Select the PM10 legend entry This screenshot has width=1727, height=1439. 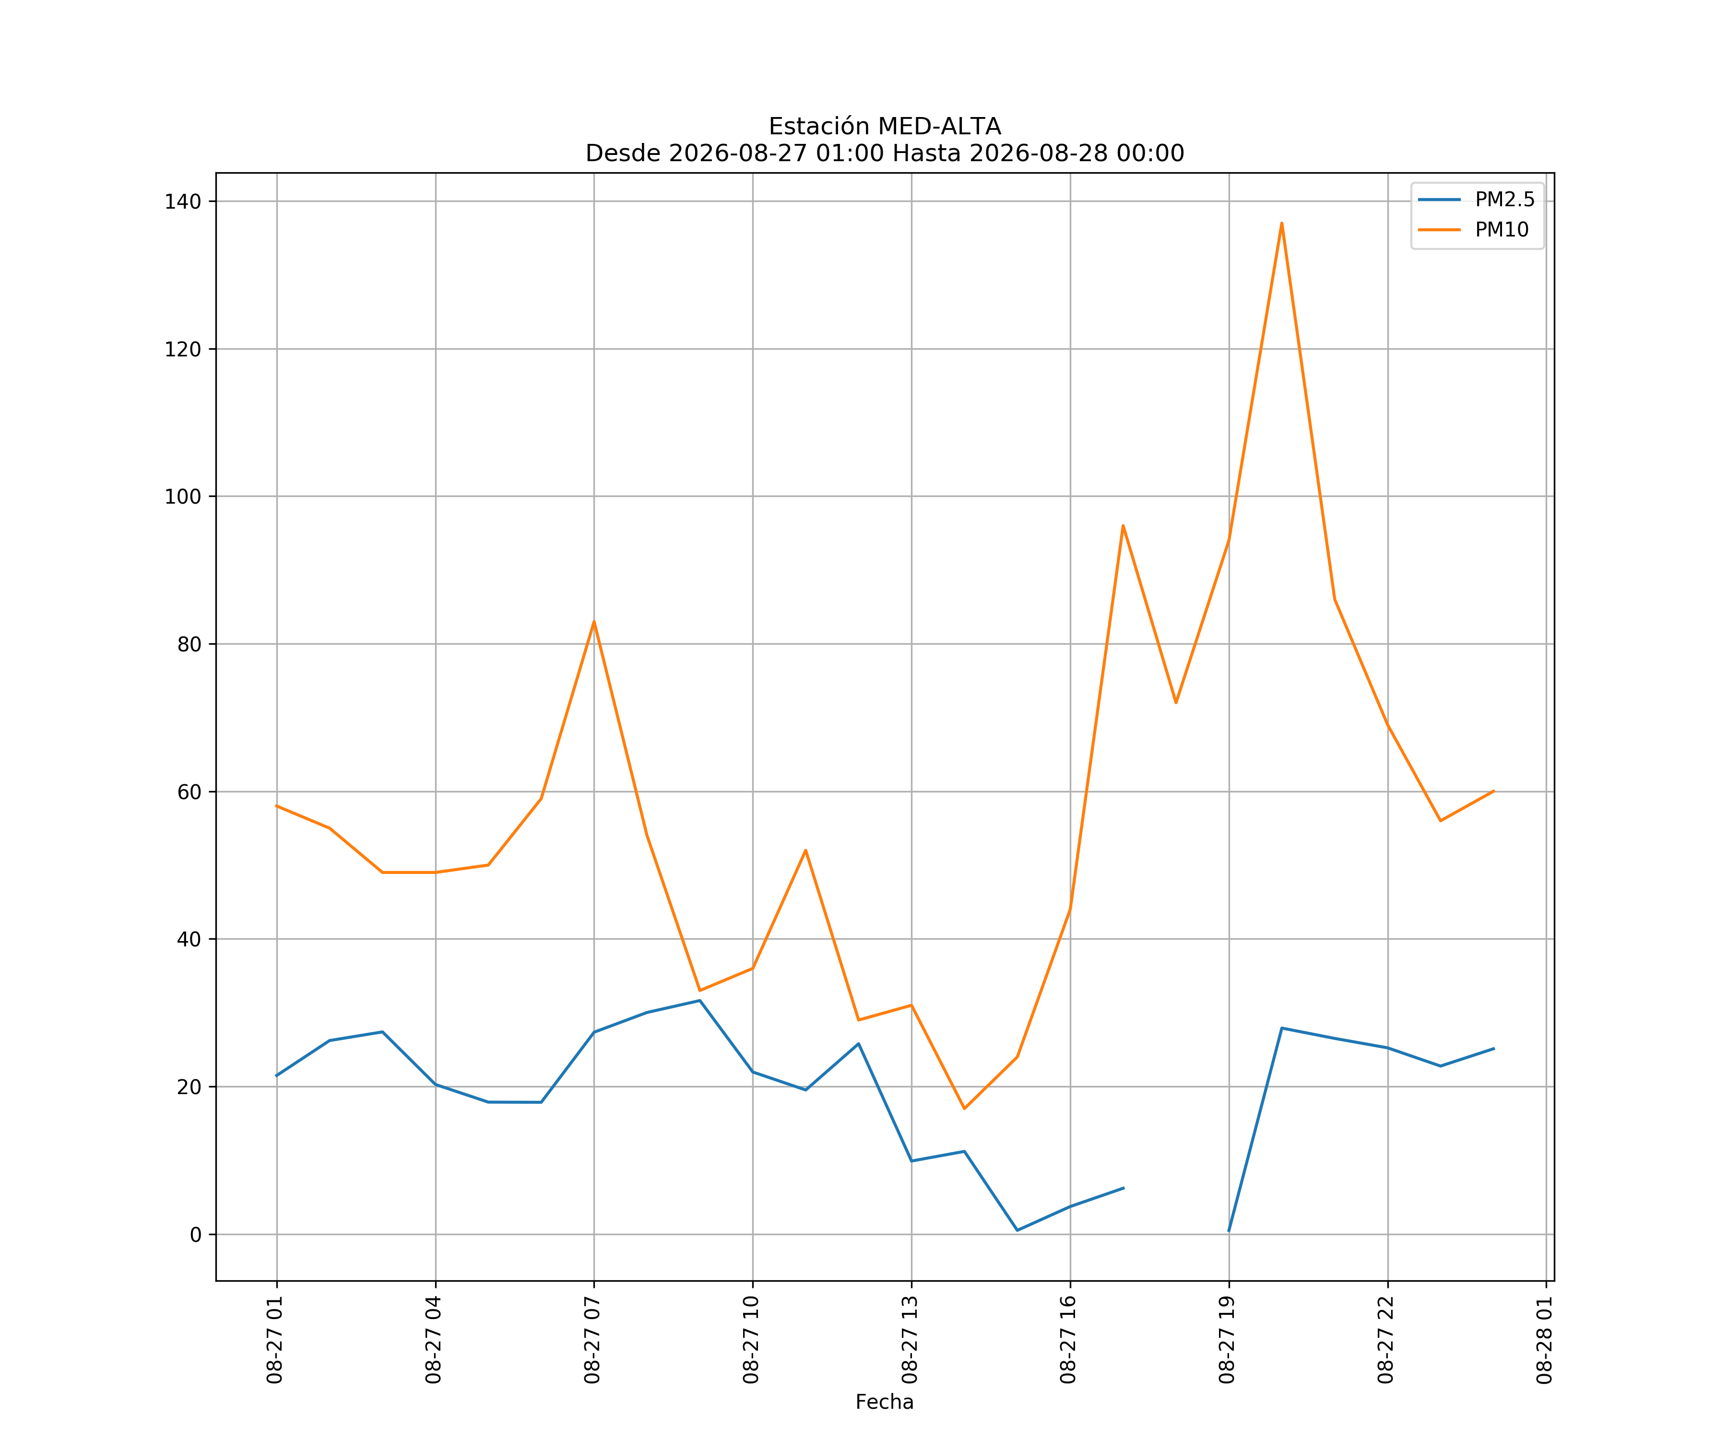[1473, 229]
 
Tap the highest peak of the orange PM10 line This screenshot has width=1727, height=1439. [1281, 223]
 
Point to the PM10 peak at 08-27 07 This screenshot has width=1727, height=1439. [594, 622]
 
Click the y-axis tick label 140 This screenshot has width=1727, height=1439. [183, 201]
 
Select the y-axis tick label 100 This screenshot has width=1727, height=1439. [183, 496]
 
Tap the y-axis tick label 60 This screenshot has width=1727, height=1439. [189, 792]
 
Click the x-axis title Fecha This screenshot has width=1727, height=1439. [884, 1402]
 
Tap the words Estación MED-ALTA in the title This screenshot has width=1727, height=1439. [885, 127]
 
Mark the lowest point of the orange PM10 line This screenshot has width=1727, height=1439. [964, 1109]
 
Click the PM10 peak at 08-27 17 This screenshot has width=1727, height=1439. [1123, 525]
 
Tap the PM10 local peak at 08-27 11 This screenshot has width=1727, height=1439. [805, 850]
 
